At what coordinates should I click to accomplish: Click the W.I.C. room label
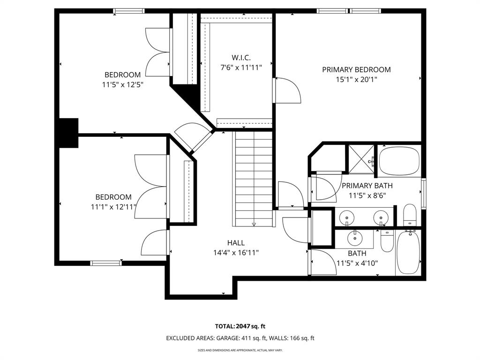[x=241, y=58]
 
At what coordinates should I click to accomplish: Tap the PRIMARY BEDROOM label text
[x=356, y=70]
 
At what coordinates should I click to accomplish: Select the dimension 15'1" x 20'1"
[x=356, y=80]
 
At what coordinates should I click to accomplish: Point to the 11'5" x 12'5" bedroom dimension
[x=122, y=85]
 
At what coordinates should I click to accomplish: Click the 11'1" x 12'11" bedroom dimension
[x=113, y=207]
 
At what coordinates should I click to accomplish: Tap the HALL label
[x=236, y=243]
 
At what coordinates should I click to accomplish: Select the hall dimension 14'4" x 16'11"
[x=236, y=253]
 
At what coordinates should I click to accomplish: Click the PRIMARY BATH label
[x=367, y=186]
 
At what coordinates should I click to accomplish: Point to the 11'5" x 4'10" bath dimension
[x=357, y=263]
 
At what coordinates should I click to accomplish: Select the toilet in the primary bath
[x=410, y=215]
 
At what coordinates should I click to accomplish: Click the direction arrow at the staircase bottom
[x=254, y=224]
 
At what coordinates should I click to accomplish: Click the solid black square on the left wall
[x=67, y=133]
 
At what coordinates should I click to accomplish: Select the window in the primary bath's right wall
[x=424, y=193]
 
